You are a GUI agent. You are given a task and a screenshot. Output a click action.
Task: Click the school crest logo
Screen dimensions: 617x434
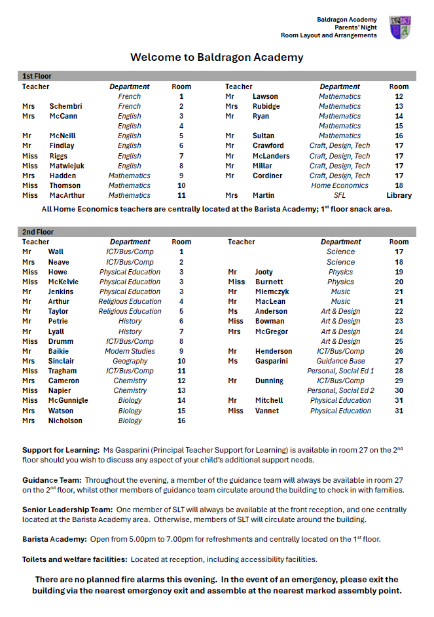coord(400,28)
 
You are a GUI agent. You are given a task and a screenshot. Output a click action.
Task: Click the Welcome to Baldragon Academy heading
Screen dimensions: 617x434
coord(217,57)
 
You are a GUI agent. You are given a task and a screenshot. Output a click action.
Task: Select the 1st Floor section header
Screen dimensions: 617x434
coord(38,76)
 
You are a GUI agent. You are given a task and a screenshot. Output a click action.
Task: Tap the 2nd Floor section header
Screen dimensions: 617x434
coord(39,232)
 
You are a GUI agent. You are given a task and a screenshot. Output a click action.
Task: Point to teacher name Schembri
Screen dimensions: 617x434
coord(66,106)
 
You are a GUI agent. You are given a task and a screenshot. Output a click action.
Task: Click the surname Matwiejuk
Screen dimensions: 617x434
coord(67,166)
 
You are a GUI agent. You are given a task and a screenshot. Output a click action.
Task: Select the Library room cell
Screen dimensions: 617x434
coord(399,195)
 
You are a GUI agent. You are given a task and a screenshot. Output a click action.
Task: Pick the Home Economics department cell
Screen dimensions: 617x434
coord(340,185)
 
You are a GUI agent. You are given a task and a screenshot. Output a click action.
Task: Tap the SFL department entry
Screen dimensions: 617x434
coord(340,195)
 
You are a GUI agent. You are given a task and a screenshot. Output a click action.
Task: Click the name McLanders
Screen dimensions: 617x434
coord(271,156)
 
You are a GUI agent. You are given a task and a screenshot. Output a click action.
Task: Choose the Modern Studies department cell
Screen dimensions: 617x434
coord(130,351)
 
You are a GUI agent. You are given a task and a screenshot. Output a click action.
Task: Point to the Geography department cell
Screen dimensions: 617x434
coord(130,361)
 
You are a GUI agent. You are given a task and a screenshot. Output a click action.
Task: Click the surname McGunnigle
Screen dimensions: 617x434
coord(68,400)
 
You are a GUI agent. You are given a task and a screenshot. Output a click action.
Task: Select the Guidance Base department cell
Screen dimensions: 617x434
coord(340,361)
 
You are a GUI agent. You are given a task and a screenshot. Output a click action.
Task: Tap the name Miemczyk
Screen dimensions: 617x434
coord(272,291)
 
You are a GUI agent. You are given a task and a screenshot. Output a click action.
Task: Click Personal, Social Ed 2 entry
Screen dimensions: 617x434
coord(340,390)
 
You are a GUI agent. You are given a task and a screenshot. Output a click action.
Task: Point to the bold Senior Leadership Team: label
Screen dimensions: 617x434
coord(67,510)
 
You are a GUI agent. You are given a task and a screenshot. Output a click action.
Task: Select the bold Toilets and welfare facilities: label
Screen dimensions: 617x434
coord(75,559)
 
